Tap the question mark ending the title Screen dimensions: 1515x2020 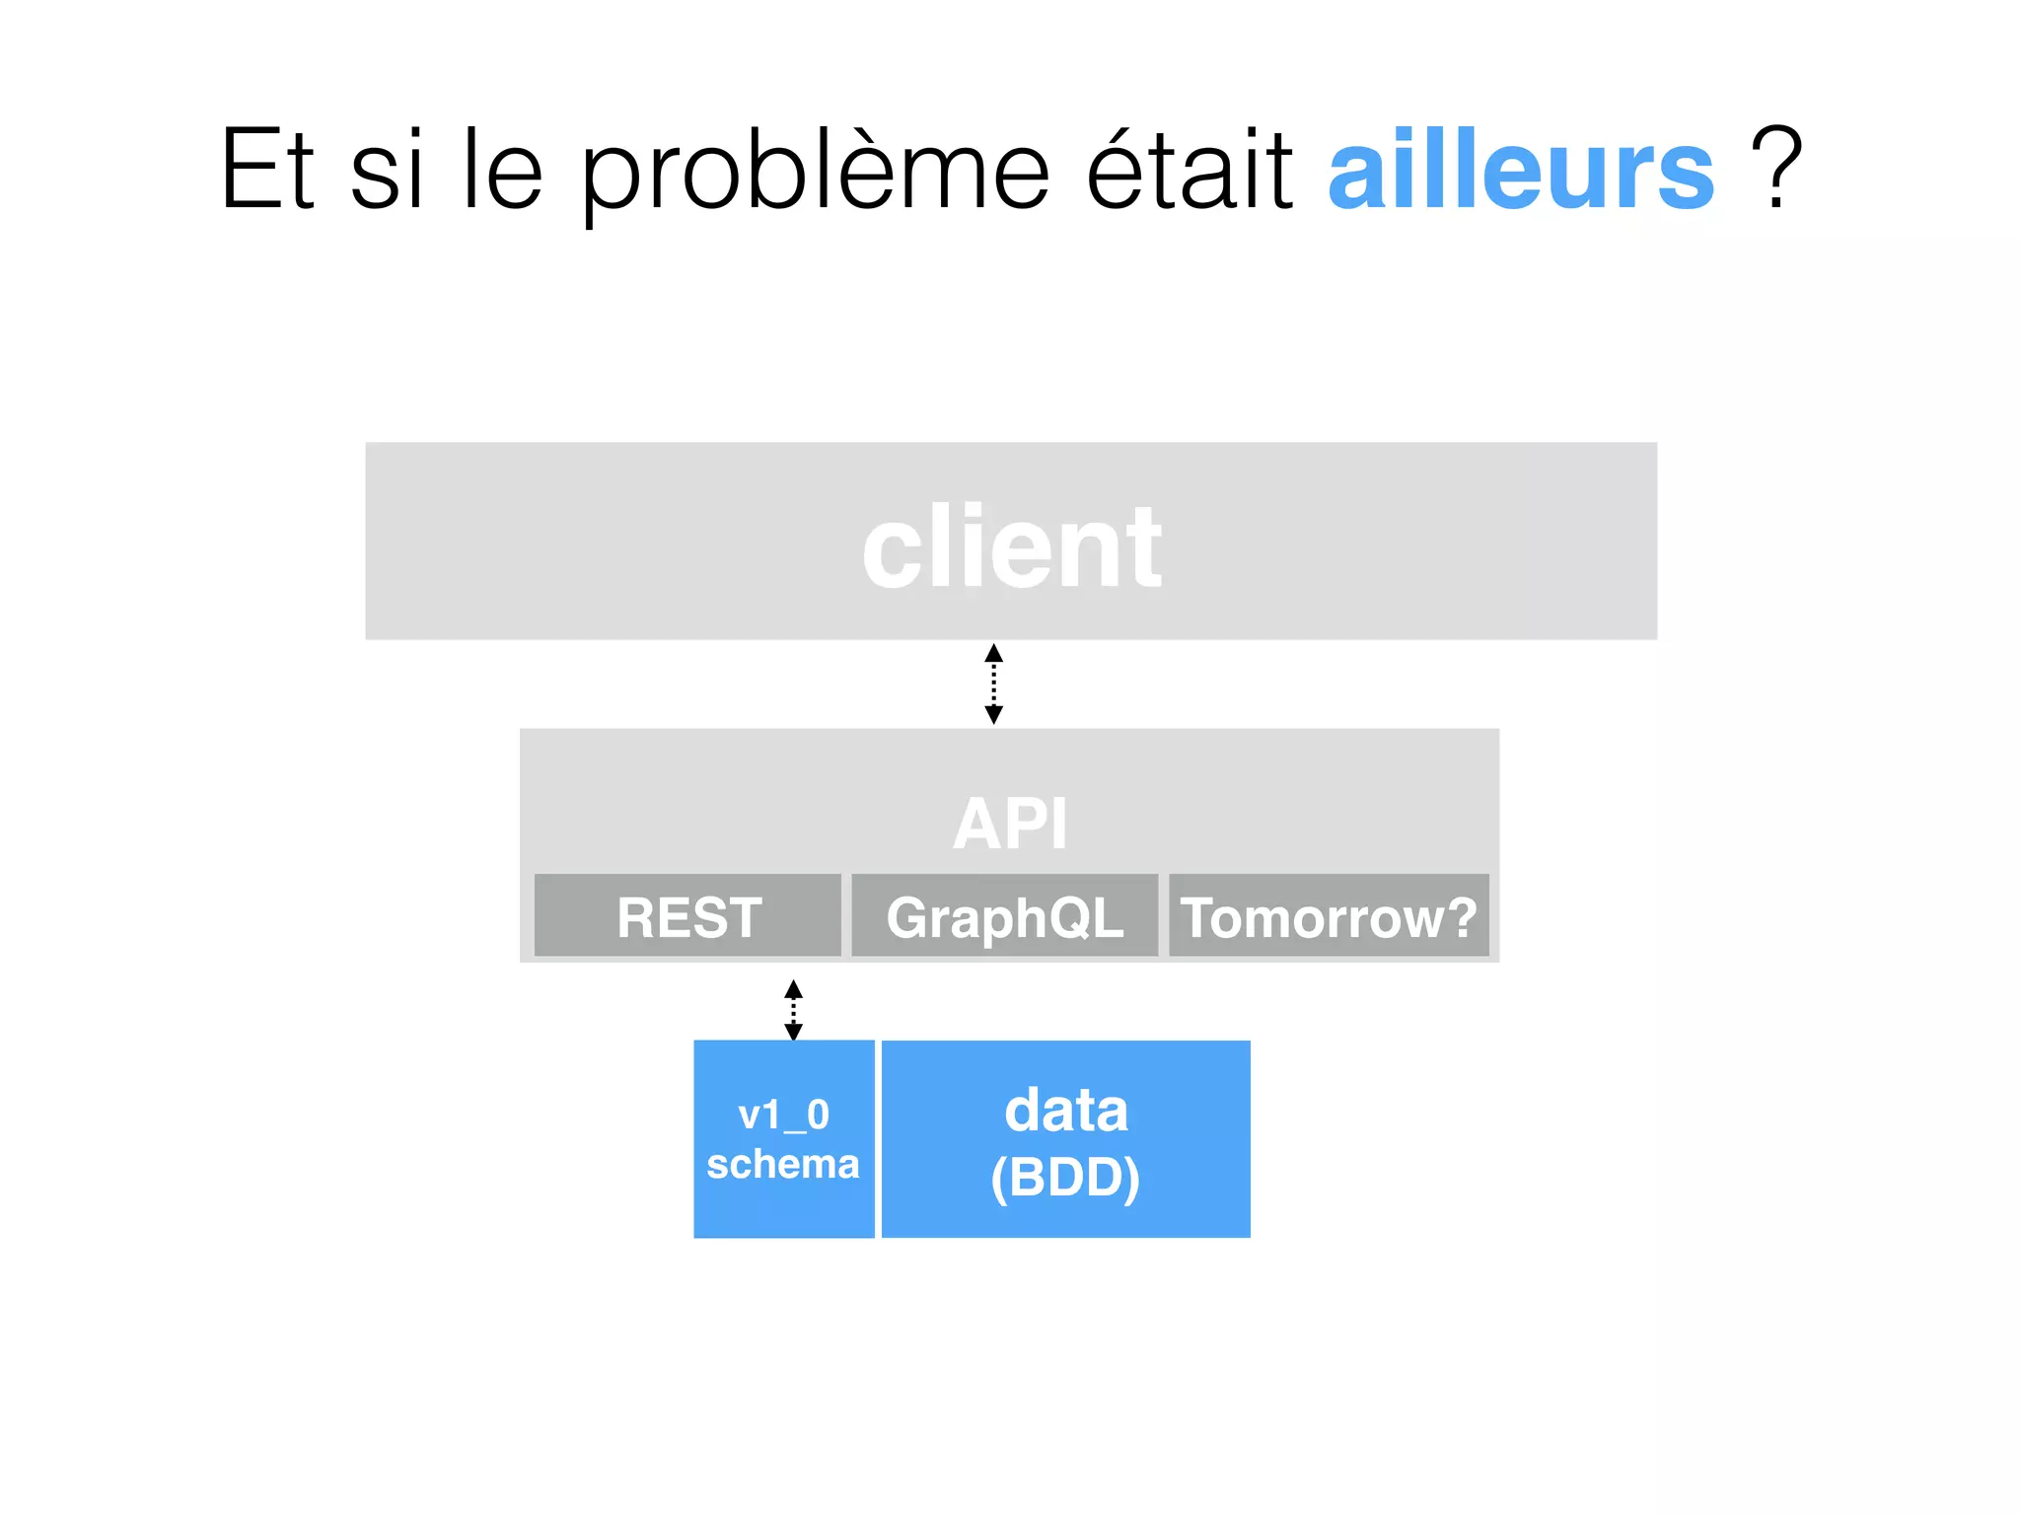tap(1776, 170)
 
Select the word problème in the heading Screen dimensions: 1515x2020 tap(815, 174)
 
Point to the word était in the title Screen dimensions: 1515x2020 tap(1190, 170)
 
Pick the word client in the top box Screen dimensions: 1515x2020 tap(1012, 547)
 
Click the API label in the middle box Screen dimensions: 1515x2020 tap(1010, 824)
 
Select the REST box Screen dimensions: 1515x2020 tap(687, 916)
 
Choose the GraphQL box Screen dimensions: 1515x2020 tap(1004, 916)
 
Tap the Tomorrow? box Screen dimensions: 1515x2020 tap(1329, 916)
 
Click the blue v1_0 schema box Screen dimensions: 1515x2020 tap(784, 1138)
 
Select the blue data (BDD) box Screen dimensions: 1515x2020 tap(1065, 1138)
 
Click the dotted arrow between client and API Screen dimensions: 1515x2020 tap(994, 684)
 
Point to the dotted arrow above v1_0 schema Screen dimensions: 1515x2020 tap(793, 1010)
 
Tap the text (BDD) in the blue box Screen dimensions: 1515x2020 tap(1065, 1177)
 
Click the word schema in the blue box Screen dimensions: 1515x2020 tap(783, 1165)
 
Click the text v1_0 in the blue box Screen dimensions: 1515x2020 tap(784, 1116)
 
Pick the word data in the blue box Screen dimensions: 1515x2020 tap(1066, 1111)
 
